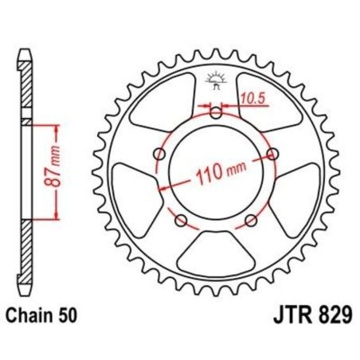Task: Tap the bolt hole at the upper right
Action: tap(273, 153)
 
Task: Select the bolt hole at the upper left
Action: tap(160, 153)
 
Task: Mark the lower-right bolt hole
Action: tap(252, 220)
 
